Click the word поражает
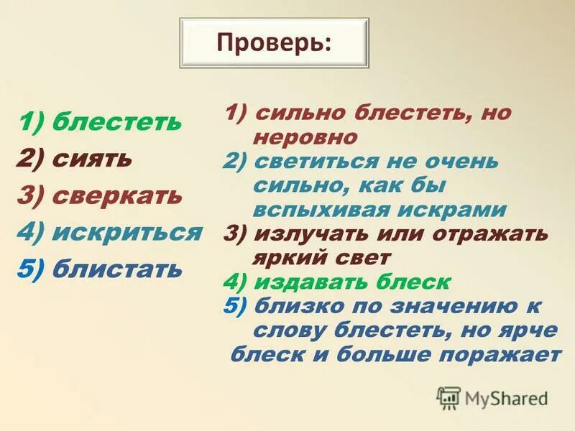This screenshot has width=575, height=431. tap(502, 354)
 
